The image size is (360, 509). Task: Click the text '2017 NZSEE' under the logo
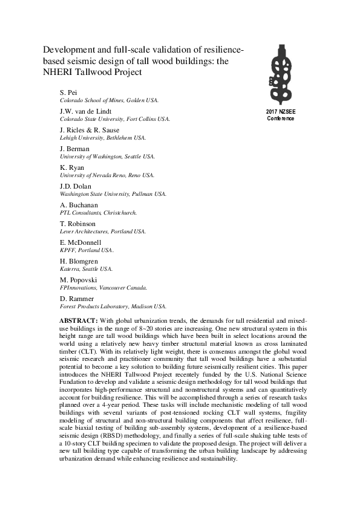[x=281, y=112]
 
